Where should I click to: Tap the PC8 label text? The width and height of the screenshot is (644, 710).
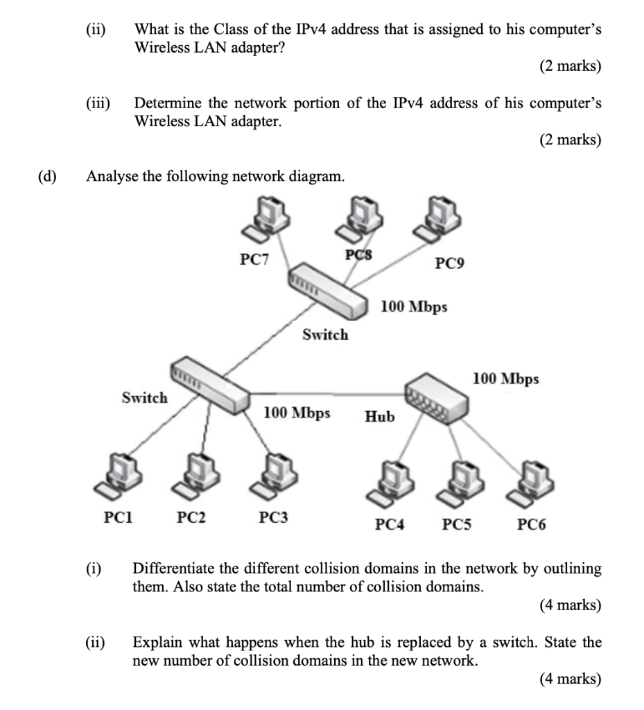tap(358, 254)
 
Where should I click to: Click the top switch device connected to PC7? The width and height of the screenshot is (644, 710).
tap(328, 292)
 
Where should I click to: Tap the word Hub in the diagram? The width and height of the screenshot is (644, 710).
tap(379, 417)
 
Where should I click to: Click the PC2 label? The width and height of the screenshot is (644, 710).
tap(191, 517)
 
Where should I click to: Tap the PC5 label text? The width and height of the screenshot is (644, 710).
tap(457, 525)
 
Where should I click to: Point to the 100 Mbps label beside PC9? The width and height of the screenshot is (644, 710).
tap(414, 306)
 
